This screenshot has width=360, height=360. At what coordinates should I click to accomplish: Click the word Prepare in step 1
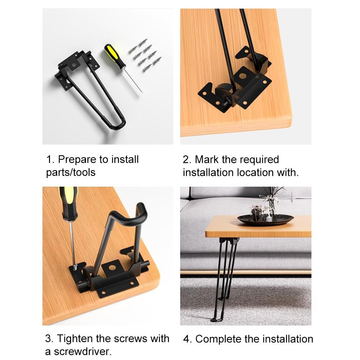[77, 160]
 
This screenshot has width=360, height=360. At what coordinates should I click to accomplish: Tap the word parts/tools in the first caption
[71, 172]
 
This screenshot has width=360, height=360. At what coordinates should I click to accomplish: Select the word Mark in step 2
[207, 160]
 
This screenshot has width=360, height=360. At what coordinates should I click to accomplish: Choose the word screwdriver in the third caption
[82, 351]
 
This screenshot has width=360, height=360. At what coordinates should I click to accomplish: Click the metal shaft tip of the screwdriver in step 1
[142, 92]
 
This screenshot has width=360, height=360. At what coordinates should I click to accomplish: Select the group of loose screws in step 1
[145, 55]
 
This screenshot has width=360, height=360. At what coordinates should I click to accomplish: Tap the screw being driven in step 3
[75, 267]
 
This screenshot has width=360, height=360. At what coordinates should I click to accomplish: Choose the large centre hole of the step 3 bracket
[112, 268]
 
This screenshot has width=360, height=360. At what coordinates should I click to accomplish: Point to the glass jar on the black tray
[256, 213]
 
